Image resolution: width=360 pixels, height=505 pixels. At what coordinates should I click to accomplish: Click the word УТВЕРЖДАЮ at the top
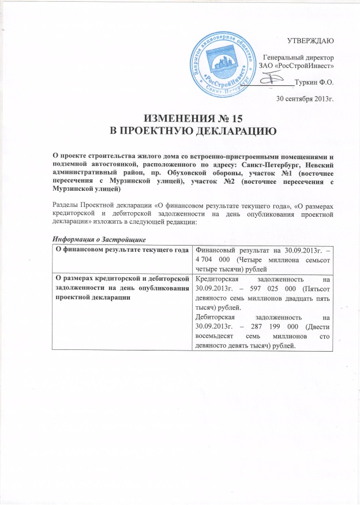[310, 40]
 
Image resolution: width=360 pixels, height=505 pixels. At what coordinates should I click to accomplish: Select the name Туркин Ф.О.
[314, 82]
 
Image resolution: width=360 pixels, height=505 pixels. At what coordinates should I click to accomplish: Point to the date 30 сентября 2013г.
[305, 98]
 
